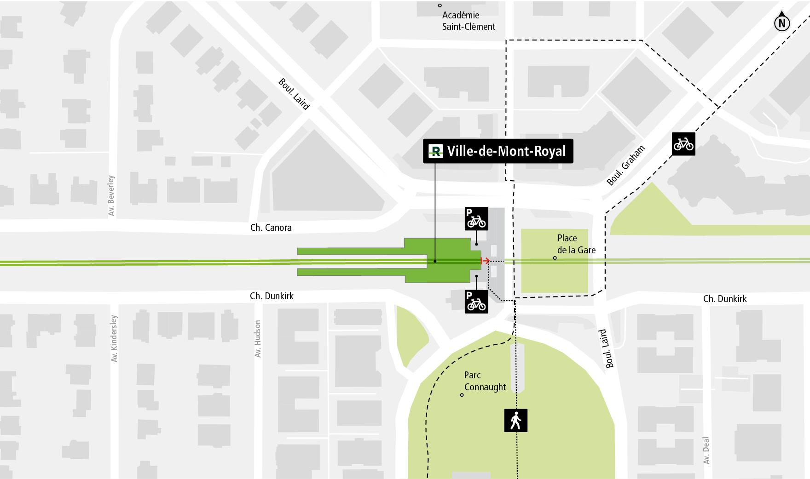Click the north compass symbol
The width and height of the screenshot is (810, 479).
pyautogui.click(x=782, y=22)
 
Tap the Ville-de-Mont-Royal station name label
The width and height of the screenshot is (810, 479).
pyautogui.click(x=506, y=151)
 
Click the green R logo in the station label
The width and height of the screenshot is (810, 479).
pyautogui.click(x=435, y=151)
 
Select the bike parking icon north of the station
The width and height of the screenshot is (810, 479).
pyautogui.click(x=476, y=219)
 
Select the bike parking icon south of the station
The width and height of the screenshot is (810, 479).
pyautogui.click(x=476, y=302)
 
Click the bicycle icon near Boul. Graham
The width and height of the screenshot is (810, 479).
pyautogui.click(x=683, y=144)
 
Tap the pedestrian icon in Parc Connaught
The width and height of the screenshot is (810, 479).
pyautogui.click(x=516, y=421)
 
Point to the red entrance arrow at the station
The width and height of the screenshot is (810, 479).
pyautogui.click(x=485, y=261)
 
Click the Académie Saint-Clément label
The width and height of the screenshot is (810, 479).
pyautogui.click(x=468, y=21)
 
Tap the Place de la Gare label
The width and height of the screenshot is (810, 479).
pyautogui.click(x=576, y=244)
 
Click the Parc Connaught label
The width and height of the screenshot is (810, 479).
pyautogui.click(x=485, y=381)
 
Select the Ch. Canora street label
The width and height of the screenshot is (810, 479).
pyautogui.click(x=271, y=228)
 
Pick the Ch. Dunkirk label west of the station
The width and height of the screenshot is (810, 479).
pyautogui.click(x=272, y=296)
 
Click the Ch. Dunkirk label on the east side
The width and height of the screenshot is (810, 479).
pyautogui.click(x=725, y=299)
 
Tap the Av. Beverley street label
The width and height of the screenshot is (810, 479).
pyautogui.click(x=111, y=195)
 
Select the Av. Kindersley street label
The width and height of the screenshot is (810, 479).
pyautogui.click(x=114, y=338)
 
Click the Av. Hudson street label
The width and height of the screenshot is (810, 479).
pyautogui.click(x=258, y=339)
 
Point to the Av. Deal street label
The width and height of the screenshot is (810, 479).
pyautogui.click(x=706, y=450)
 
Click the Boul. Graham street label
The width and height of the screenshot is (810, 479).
pyautogui.click(x=626, y=165)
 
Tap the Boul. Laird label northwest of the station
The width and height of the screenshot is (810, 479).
pyautogui.click(x=294, y=94)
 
